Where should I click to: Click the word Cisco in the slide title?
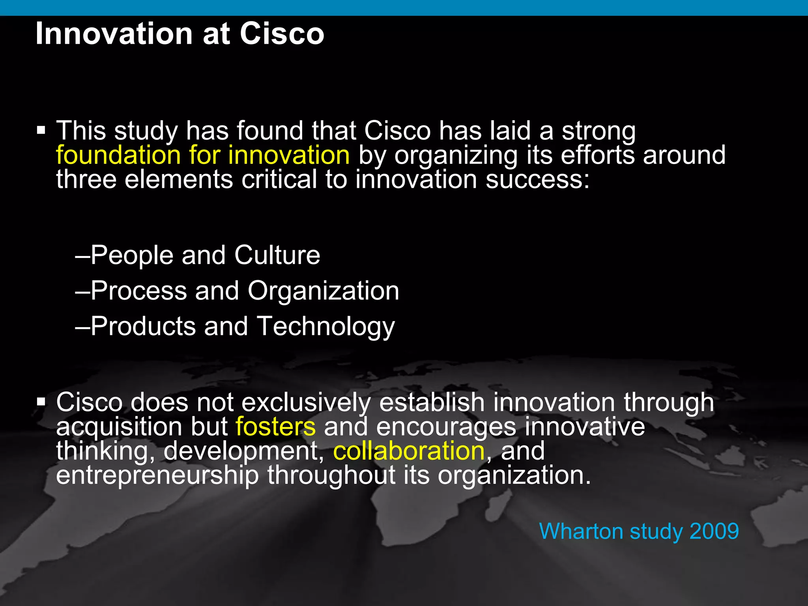point(282,34)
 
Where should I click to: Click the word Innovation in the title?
point(114,34)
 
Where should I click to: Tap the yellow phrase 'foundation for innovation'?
point(203,155)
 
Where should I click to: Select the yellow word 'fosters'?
point(275,427)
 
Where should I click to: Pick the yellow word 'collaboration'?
point(409,451)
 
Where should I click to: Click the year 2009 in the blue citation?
point(714,531)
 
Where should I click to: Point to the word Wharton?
point(581,531)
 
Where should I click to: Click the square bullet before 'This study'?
point(41,130)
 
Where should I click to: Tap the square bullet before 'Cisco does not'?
point(41,402)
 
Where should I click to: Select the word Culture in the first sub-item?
point(277,255)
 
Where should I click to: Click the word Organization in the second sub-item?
point(323,291)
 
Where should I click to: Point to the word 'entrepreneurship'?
point(157,476)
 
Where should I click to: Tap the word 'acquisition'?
point(119,427)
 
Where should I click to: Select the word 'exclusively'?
point(306,403)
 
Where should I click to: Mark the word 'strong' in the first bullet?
point(599,131)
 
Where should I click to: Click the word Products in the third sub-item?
point(143,327)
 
